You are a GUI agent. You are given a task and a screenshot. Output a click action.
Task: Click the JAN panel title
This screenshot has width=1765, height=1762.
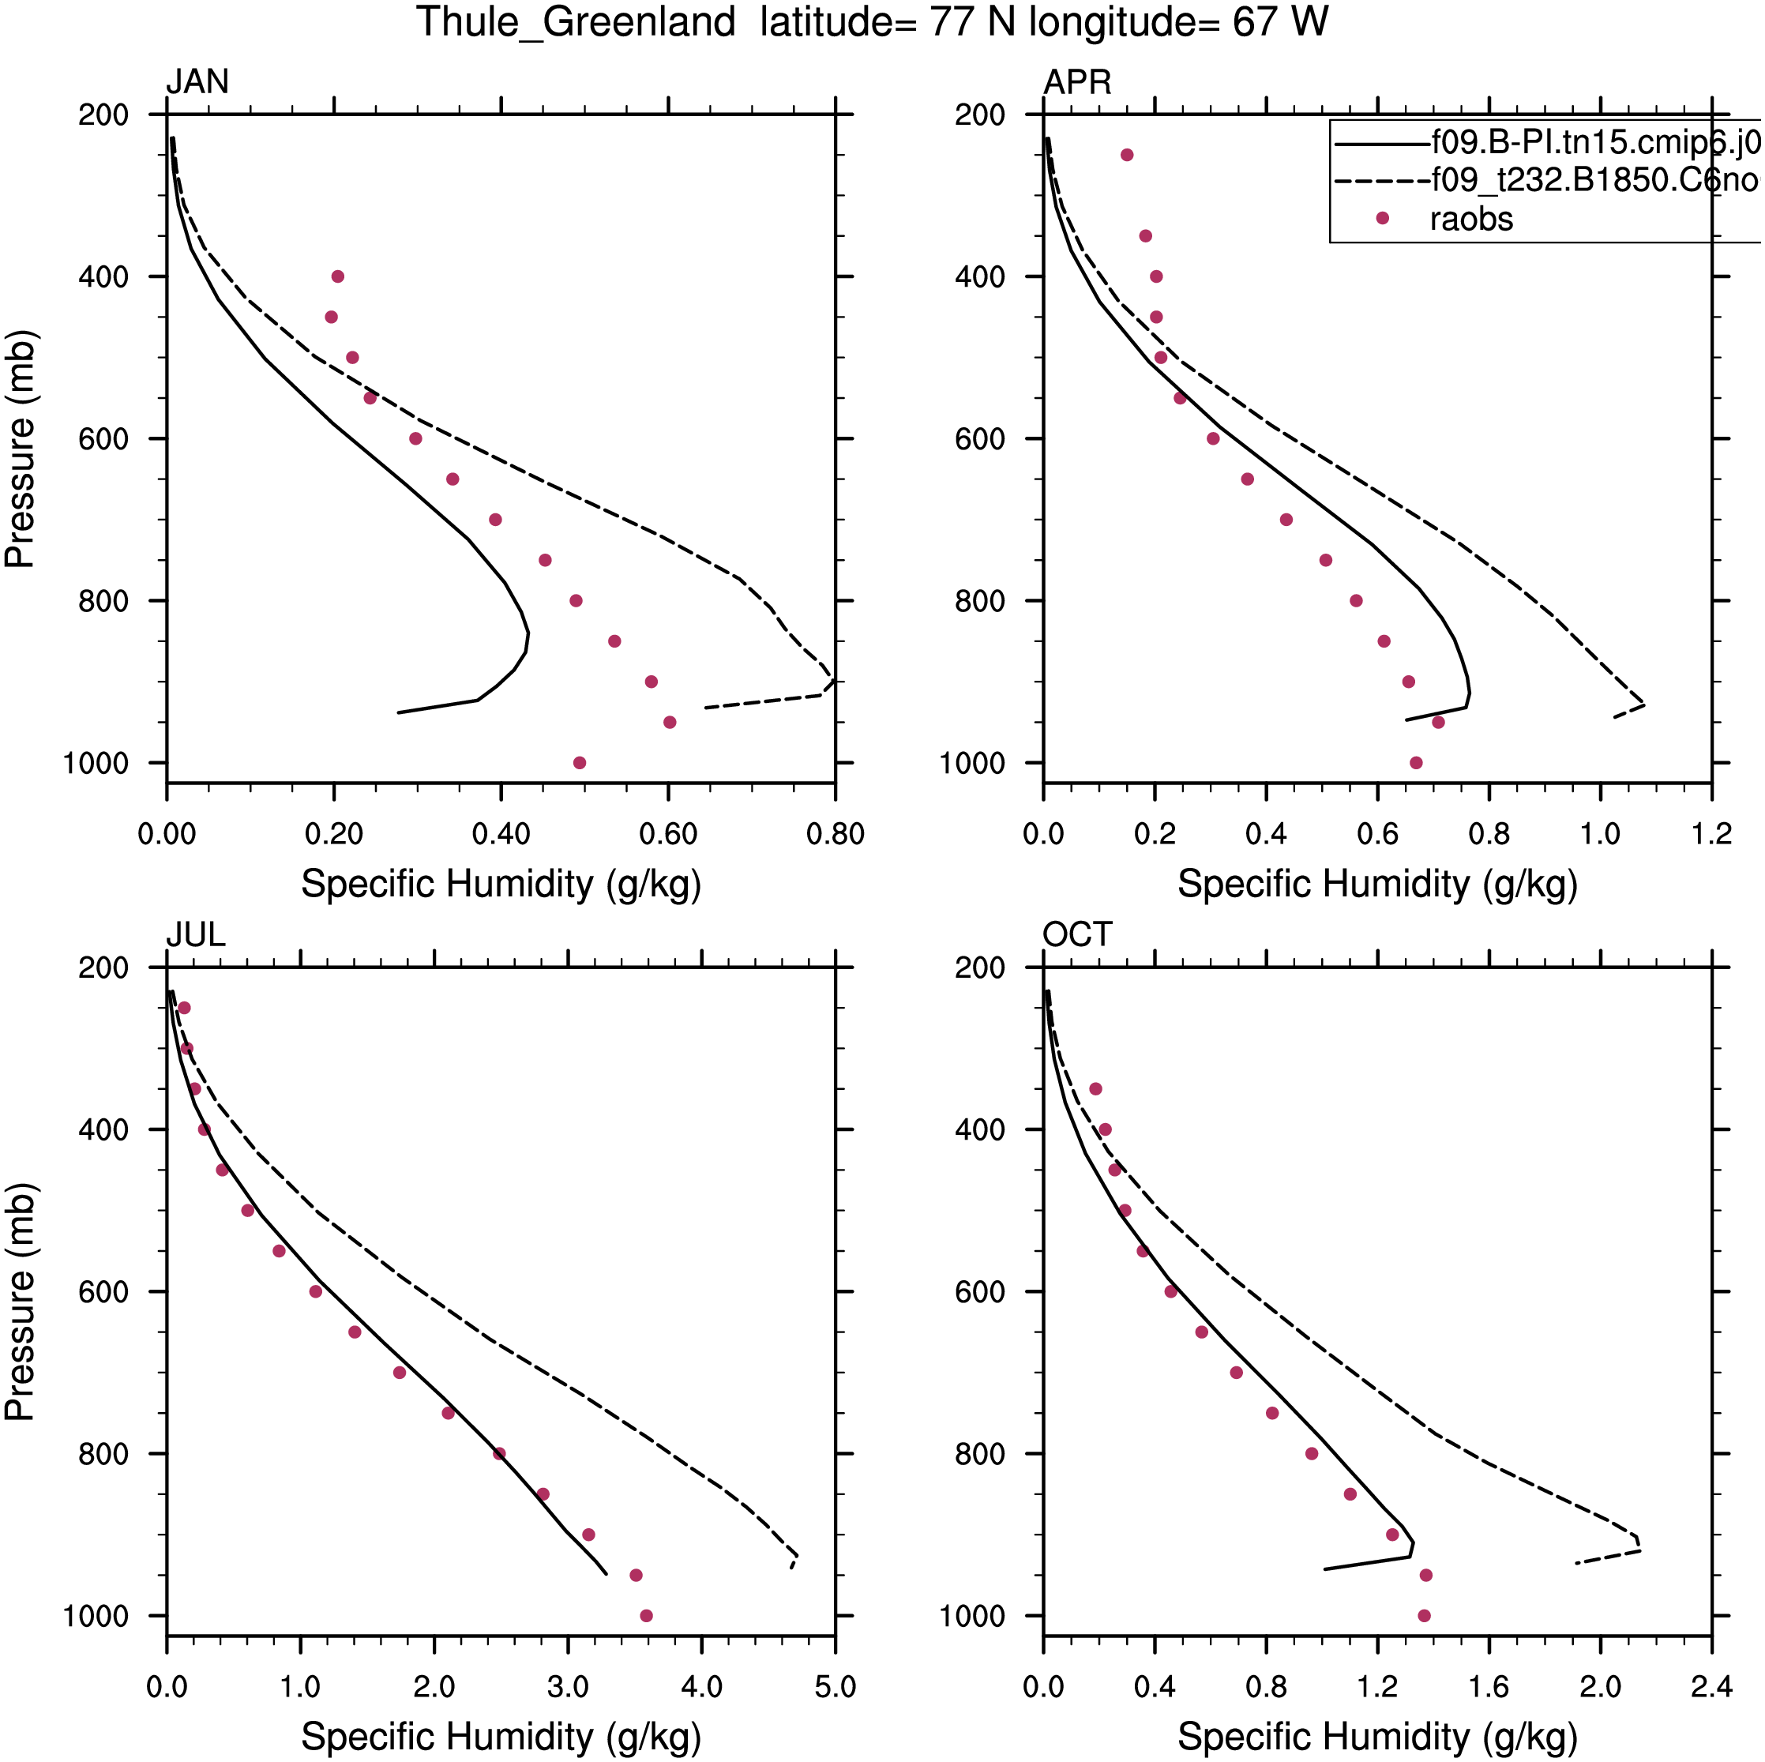tap(197, 82)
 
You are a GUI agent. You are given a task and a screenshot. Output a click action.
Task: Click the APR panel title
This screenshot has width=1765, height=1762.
tap(1077, 82)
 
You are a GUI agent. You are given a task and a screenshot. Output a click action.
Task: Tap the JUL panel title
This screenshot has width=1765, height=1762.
tap(196, 935)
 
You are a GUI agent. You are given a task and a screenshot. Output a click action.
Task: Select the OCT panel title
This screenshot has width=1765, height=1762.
tap(1077, 935)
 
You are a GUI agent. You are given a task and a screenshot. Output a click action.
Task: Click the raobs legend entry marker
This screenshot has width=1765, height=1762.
tap(1382, 218)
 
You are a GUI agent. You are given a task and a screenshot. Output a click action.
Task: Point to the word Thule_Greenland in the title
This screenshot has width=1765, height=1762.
tap(576, 22)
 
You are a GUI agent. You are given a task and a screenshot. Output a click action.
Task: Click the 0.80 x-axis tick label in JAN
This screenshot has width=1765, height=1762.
tap(835, 834)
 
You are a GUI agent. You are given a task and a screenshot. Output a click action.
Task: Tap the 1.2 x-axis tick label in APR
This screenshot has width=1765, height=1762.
tap(1711, 834)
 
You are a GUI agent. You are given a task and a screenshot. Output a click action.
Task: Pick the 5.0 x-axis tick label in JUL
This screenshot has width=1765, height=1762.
tap(835, 1686)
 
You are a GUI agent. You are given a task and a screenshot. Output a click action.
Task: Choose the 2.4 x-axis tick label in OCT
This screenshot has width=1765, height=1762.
tap(1711, 1686)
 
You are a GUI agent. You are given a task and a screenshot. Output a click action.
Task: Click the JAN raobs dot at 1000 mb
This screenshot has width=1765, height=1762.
tap(579, 763)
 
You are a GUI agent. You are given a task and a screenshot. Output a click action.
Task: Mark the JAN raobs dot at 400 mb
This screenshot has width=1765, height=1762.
tap(338, 276)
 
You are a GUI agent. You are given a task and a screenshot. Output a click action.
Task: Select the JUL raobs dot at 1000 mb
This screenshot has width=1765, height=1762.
tap(647, 1616)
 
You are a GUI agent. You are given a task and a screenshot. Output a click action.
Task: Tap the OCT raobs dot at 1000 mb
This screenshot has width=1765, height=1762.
tap(1423, 1616)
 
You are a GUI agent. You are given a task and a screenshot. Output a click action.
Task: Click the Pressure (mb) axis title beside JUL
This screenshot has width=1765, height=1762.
tap(20, 1302)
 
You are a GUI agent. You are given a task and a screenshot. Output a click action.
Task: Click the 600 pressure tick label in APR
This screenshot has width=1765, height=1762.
tap(979, 439)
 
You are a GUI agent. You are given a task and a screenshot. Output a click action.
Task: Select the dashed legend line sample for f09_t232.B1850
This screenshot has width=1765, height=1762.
tap(1381, 181)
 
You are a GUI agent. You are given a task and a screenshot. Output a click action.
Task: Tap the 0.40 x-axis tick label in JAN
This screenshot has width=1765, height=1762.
tap(501, 834)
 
